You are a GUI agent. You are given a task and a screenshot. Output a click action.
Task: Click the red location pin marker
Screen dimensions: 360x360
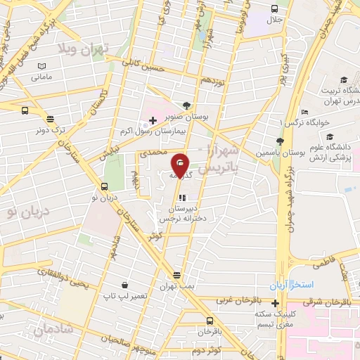point(181,165)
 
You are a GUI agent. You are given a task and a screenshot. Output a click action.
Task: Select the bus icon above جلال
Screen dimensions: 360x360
point(274,8)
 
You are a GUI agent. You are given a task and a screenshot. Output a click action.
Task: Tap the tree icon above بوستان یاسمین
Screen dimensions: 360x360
point(280,143)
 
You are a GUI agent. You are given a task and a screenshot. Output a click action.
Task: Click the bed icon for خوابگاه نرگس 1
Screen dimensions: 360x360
point(304,112)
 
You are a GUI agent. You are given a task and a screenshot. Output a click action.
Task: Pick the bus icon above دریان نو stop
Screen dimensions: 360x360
point(105,186)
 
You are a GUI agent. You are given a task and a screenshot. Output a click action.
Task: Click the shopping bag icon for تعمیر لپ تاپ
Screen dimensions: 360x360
point(124,285)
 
